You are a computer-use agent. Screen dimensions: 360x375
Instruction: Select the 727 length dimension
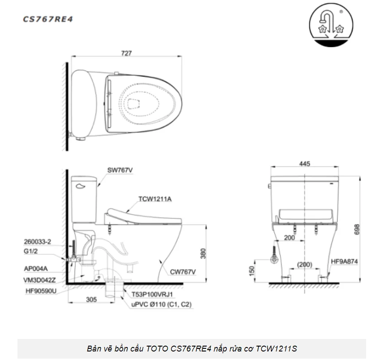(126, 53)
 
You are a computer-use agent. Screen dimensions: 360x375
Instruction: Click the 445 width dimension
(304, 164)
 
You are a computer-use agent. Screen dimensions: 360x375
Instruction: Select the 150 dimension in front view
(252, 271)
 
